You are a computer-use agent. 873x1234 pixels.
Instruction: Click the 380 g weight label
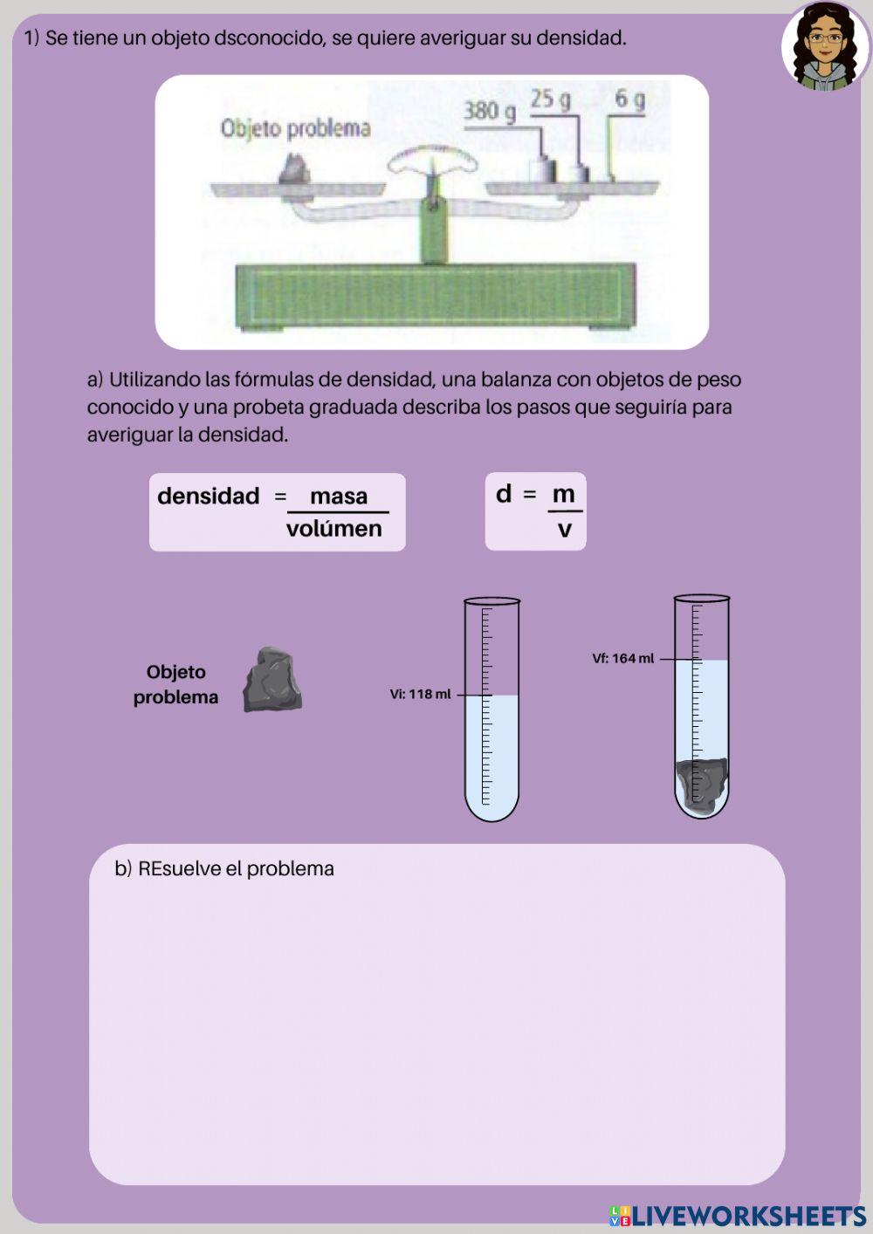[489, 111]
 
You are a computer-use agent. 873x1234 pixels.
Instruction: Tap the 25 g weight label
[550, 99]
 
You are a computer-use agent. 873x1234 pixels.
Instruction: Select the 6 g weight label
[629, 99]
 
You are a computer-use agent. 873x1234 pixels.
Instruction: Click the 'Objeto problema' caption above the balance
[295, 128]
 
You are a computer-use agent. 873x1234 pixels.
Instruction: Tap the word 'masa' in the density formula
[339, 497]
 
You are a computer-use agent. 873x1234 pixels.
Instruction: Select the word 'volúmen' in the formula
[334, 529]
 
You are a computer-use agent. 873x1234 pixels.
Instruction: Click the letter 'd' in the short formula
[504, 494]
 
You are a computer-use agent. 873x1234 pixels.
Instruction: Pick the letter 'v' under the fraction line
[565, 529]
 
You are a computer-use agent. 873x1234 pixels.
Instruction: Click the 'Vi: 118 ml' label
[421, 695]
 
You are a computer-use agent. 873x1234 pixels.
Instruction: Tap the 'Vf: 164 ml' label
[623, 659]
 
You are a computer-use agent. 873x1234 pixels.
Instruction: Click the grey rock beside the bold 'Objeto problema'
[272, 680]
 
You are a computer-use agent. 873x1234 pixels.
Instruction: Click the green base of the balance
[435, 295]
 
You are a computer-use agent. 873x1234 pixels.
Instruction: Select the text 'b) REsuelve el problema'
[224, 869]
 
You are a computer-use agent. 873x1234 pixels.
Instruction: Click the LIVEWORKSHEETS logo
[738, 1216]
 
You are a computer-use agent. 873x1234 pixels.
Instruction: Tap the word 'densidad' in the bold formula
[209, 497]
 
